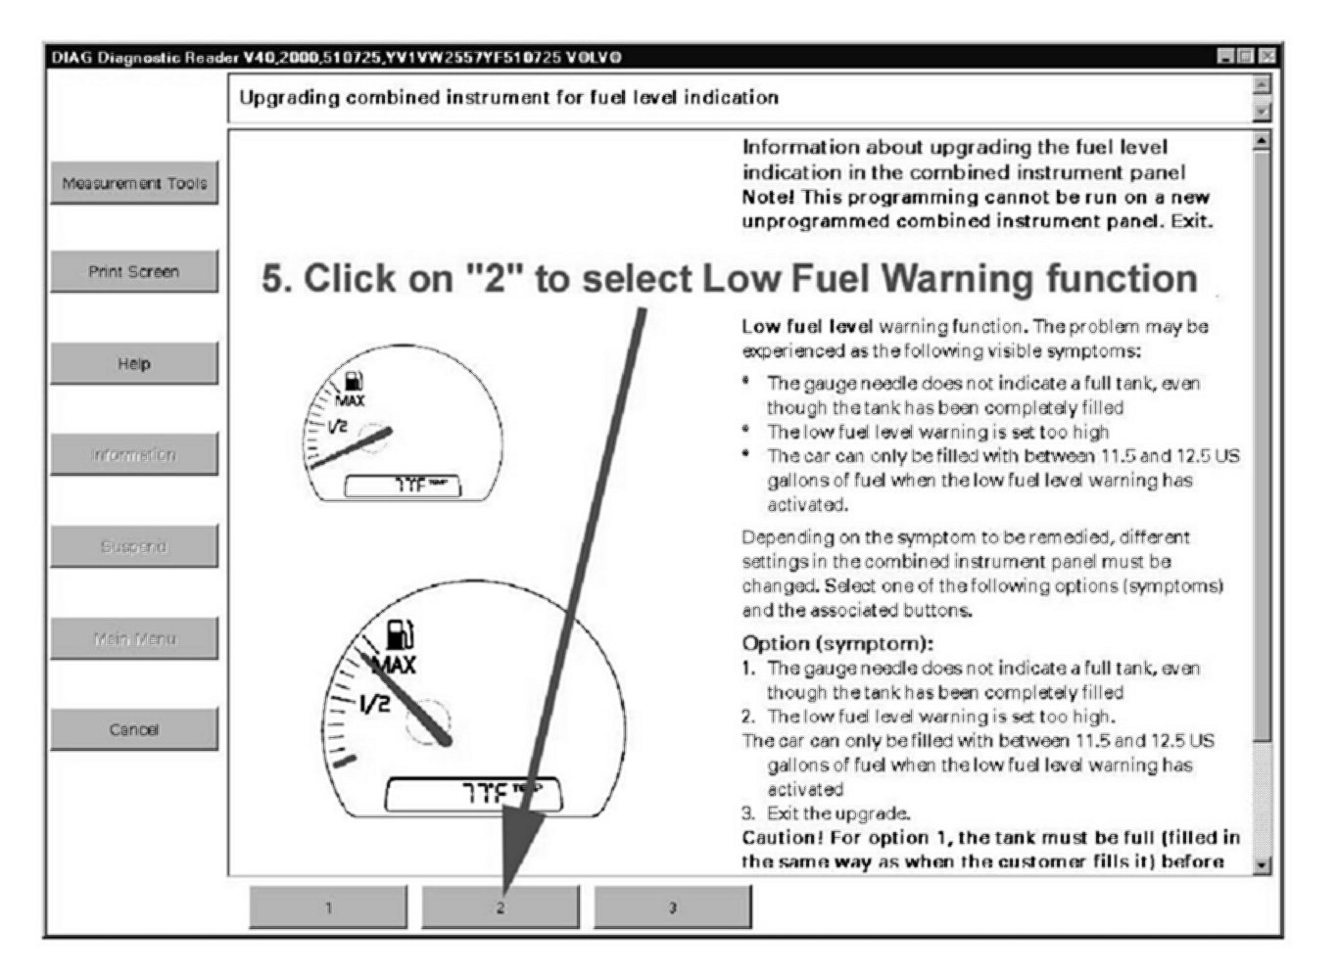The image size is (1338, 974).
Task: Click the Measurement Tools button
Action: [x=134, y=183]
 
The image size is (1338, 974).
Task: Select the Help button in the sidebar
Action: [x=134, y=364]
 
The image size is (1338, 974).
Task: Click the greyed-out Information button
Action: [x=134, y=455]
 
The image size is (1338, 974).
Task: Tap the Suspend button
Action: [x=134, y=546]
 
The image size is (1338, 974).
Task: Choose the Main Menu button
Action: [x=134, y=638]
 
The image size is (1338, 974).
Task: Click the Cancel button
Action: [x=134, y=729]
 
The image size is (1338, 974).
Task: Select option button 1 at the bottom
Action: [x=328, y=907]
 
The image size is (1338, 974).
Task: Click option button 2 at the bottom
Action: [x=500, y=907]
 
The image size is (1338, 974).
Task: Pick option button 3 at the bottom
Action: [x=672, y=907]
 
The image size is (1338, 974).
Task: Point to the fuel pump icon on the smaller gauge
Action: [x=354, y=382]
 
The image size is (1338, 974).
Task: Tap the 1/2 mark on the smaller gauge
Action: [x=337, y=426]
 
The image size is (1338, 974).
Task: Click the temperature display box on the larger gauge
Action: [x=474, y=793]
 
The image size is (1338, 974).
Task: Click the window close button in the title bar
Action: [x=1268, y=57]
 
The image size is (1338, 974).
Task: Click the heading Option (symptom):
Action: [x=837, y=643]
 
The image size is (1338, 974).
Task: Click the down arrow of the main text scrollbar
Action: [x=1262, y=864]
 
